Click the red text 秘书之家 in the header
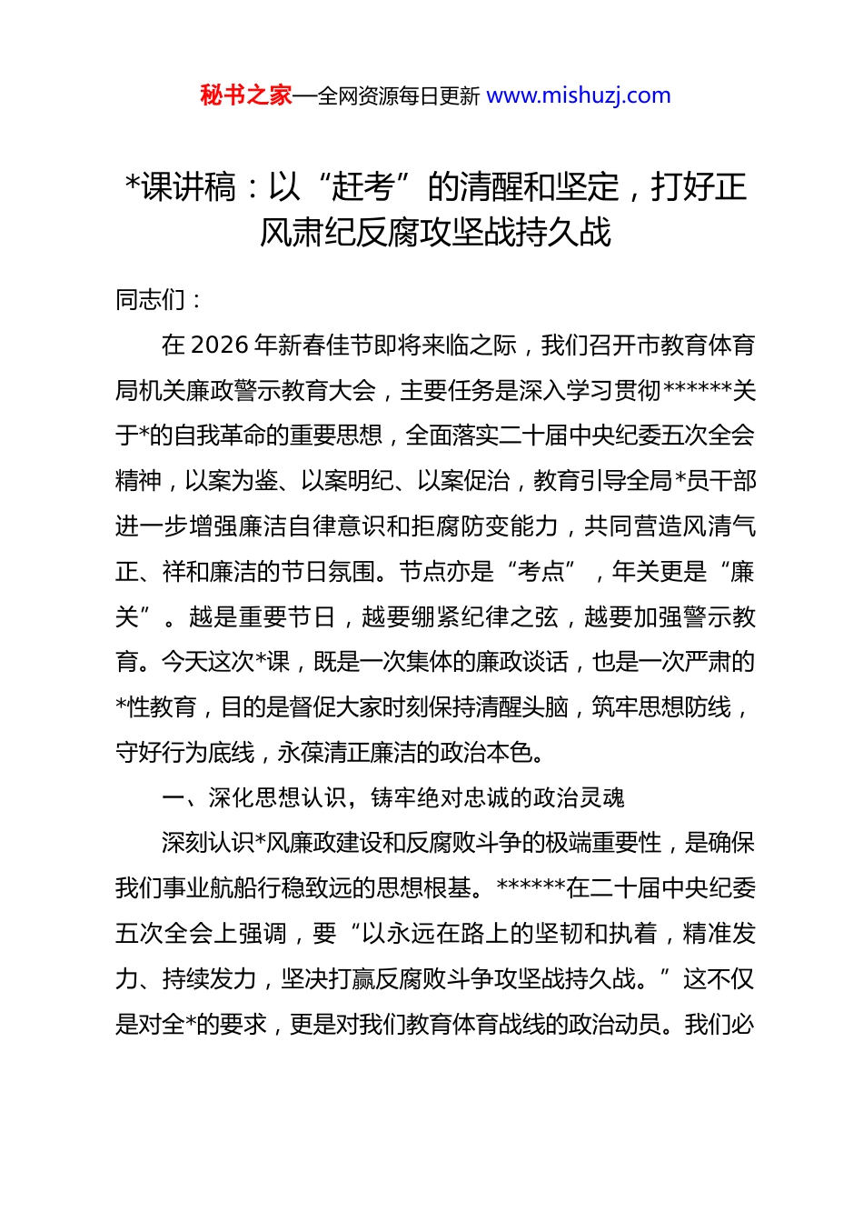pos(246,95)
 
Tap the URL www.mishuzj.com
pos(579,95)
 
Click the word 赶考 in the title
pos(362,187)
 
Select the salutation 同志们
pos(150,299)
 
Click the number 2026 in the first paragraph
pos(220,345)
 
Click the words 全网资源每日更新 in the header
pos(399,95)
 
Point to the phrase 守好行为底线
pos(185,752)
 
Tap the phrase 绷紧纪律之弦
pos(459,616)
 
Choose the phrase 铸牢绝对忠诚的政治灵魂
pos(498,797)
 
